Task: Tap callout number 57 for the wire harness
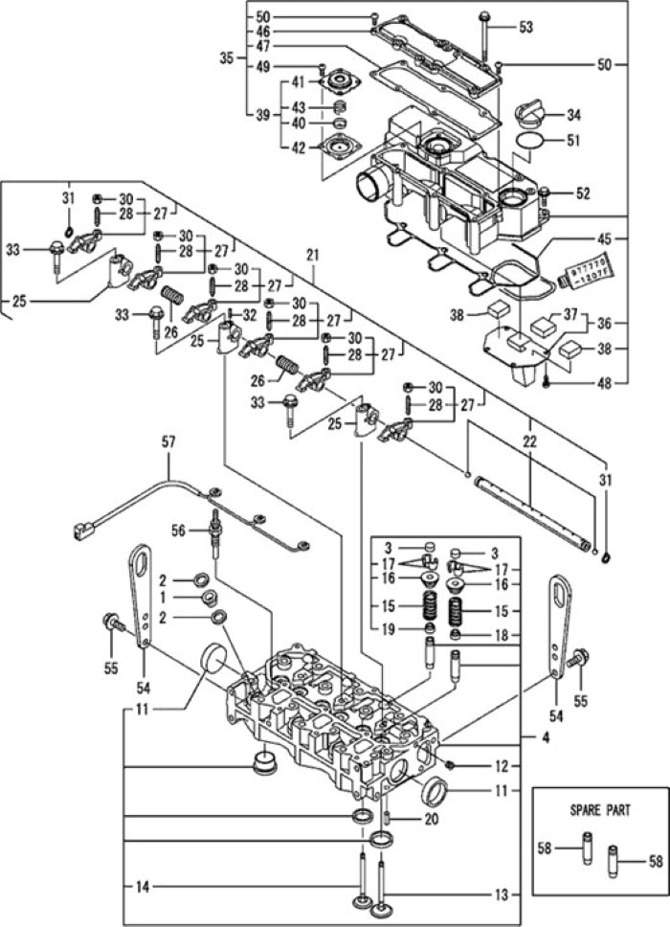tap(168, 442)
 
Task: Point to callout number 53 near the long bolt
tap(525, 28)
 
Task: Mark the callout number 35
tap(227, 58)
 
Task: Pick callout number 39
tap(262, 114)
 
